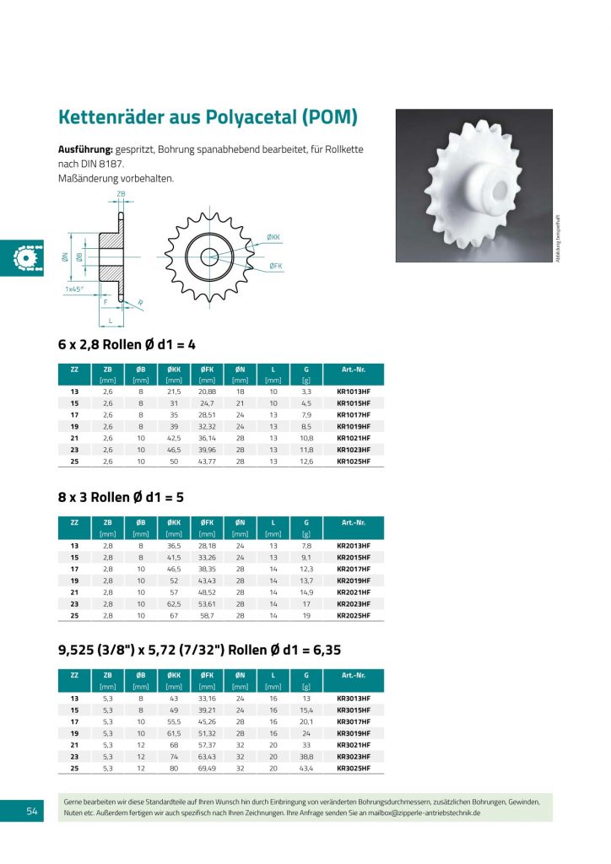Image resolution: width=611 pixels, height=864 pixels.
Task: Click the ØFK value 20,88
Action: pos(207,391)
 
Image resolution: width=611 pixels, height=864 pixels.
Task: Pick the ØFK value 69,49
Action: pos(207,768)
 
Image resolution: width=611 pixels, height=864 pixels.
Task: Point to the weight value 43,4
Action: pos(306,768)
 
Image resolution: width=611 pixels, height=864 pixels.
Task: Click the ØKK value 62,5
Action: pos(174,603)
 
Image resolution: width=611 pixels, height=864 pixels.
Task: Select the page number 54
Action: pos(32,811)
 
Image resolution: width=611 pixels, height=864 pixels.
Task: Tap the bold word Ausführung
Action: pos(85,148)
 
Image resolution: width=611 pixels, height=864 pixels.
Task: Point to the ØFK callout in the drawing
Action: pos(276,266)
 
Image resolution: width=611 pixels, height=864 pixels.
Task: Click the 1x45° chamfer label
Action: pos(77,289)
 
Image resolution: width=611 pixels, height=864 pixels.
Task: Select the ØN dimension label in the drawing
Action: pos(65,256)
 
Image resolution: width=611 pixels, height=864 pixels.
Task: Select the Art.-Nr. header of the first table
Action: pos(353,369)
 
